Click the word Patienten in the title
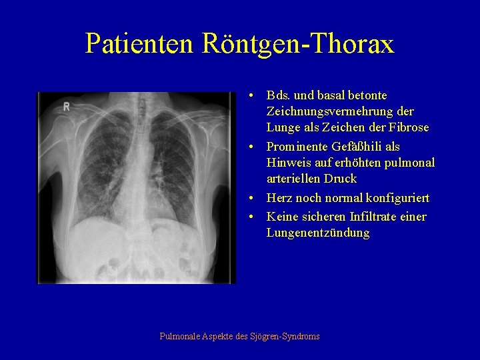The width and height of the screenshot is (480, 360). coord(139,44)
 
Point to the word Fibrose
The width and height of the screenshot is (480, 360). coord(409,127)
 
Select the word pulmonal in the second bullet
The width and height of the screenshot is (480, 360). coord(411,163)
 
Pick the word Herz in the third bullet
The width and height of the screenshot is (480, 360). coord(279,198)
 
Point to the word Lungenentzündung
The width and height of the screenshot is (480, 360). coord(317,233)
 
